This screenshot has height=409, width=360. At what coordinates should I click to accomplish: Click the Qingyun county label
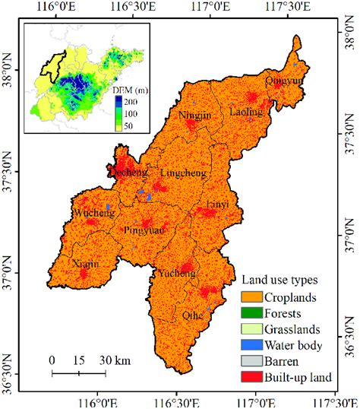click(283, 80)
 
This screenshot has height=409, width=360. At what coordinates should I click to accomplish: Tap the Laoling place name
click(245, 112)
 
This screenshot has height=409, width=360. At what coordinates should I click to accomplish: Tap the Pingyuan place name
click(144, 227)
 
